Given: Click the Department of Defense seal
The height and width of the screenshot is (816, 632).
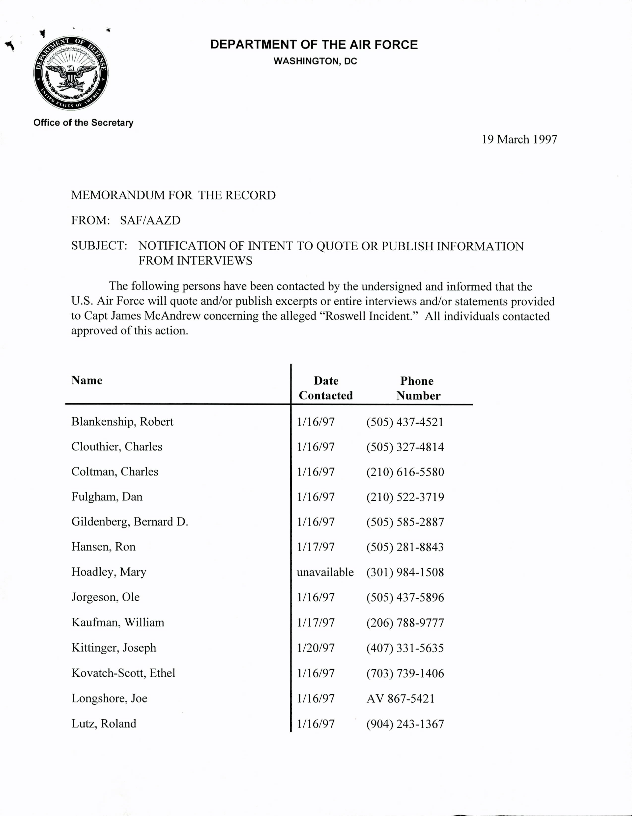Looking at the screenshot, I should pos(71,73).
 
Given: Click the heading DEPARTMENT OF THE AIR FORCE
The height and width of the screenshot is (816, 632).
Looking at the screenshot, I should pos(314,45).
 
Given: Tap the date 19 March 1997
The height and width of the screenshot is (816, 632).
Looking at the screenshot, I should pos(519,139).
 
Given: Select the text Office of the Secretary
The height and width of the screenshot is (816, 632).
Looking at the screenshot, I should pos(83,122).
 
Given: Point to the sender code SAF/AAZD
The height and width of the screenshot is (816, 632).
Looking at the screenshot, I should pos(150,220).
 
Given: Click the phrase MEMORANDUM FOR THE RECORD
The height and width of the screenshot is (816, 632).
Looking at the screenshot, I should pos(173,195).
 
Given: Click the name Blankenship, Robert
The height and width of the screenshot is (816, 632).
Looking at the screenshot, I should pos(122,422).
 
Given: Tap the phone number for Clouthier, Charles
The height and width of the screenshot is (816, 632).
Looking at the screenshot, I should pos(405,447).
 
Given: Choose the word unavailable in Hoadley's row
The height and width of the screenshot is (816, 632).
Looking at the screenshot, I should pos(325,572).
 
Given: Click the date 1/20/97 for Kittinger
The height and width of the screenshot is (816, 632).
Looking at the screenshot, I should pos(316,648).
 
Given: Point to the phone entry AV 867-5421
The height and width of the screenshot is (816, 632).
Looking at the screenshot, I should pos(401,698).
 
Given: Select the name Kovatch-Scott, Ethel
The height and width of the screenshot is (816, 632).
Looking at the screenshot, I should pos(123,673).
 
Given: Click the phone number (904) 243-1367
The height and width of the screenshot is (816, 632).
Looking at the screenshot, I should pos(405,724).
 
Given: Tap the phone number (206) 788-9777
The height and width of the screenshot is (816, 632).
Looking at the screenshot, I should pos(405,622).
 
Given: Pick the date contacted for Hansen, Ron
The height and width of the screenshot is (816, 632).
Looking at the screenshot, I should pos(316,547).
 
